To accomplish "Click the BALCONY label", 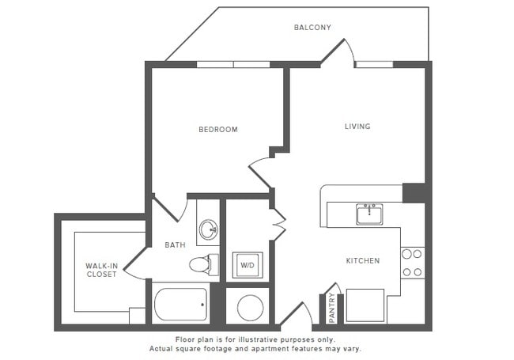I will click(312, 28).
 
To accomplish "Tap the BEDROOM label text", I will click(217, 129).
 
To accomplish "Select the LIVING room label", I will click(357, 126).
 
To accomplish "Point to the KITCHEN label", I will click(362, 260).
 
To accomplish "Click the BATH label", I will click(175, 245).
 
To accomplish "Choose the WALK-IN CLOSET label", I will click(101, 270).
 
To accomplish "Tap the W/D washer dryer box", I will click(247, 265).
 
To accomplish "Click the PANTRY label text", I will click(331, 308).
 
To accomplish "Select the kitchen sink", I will click(369, 214).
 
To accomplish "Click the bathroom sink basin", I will click(208, 230).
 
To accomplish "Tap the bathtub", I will click(181, 304).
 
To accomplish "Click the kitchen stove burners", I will click(412, 263).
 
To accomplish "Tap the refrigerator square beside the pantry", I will click(365, 305).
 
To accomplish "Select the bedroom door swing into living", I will click(261, 172).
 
